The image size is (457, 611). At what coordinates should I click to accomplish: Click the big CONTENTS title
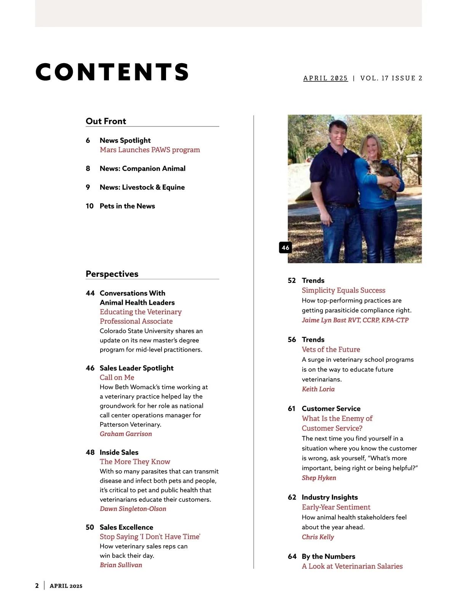point(112,72)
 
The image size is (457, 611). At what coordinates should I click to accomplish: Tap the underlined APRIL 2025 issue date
point(325,78)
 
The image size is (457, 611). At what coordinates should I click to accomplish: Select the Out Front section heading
point(106,121)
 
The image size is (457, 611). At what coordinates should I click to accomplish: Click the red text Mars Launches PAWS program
point(150,150)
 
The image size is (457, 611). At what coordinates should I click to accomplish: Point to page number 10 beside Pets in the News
point(89,206)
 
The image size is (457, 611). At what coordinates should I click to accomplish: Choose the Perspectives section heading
point(112,274)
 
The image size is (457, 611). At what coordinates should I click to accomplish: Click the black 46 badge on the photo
point(285,248)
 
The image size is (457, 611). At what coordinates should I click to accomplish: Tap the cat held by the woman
point(383,178)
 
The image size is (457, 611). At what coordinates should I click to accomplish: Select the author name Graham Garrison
point(126,434)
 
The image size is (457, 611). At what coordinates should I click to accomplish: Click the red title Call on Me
point(117,378)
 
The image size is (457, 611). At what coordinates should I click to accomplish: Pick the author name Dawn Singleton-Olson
point(133,509)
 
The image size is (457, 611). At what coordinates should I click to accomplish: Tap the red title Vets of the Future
point(331,350)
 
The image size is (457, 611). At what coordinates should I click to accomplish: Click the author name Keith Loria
point(318,389)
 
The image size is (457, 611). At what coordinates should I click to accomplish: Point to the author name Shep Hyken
point(319,478)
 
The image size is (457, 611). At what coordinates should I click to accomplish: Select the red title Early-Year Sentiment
point(336,508)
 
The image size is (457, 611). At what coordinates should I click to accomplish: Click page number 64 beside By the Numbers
point(292,557)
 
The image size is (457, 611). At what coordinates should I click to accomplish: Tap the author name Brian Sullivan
point(121,565)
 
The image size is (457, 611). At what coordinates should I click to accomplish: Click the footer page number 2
point(37,586)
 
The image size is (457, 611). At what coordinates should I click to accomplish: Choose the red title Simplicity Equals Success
point(344,291)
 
